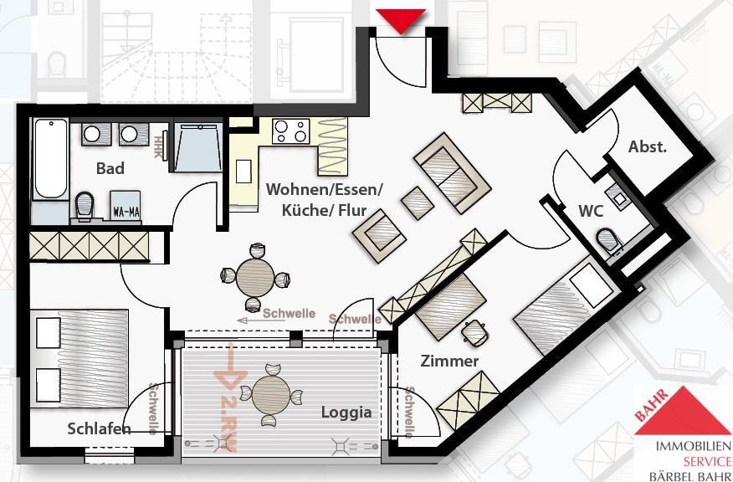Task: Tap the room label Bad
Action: pos(110,168)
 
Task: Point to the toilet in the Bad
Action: pos(84,204)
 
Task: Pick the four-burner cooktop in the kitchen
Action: pos(291,131)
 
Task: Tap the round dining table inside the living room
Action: pos(255,277)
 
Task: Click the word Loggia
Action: pos(346,413)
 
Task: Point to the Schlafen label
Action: pos(99,429)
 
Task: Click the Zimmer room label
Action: pos(450,361)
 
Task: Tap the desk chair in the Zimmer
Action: pos(475,333)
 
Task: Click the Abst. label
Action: pos(648,147)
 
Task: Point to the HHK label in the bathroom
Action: pos(158,147)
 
